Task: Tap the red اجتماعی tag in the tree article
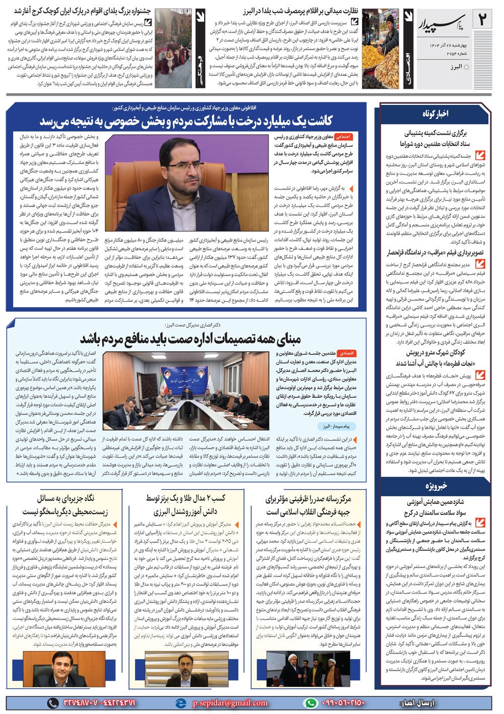344,137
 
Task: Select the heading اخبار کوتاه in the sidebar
435,114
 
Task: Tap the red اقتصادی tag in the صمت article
346,353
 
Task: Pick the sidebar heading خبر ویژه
435,486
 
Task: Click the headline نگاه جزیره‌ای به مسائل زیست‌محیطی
66,504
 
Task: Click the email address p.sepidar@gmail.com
230,703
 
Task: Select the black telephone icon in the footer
52,702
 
